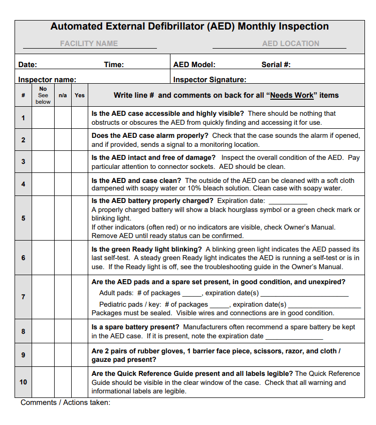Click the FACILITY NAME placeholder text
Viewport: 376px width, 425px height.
tap(89, 44)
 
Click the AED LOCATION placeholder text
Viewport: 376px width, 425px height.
tap(290, 44)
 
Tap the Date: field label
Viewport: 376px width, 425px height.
tap(28, 65)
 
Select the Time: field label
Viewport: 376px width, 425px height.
tap(114, 65)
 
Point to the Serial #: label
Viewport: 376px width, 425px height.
tap(276, 65)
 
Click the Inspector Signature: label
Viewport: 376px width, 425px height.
tap(210, 80)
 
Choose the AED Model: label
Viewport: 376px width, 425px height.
tap(194, 65)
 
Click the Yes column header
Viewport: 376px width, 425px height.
tap(80, 95)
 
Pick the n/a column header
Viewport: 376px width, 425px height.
tap(63, 95)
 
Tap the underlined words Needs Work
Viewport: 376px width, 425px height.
tap(292, 95)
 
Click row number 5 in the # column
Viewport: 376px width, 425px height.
tap(23, 219)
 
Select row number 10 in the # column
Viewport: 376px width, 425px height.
tap(23, 382)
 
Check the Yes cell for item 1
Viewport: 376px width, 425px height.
tap(80, 118)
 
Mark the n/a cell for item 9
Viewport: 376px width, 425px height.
tap(63, 355)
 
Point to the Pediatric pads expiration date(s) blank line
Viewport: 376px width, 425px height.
tap(324, 305)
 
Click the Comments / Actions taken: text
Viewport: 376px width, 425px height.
tap(65, 403)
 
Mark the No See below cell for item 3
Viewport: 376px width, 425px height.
tap(43, 162)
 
